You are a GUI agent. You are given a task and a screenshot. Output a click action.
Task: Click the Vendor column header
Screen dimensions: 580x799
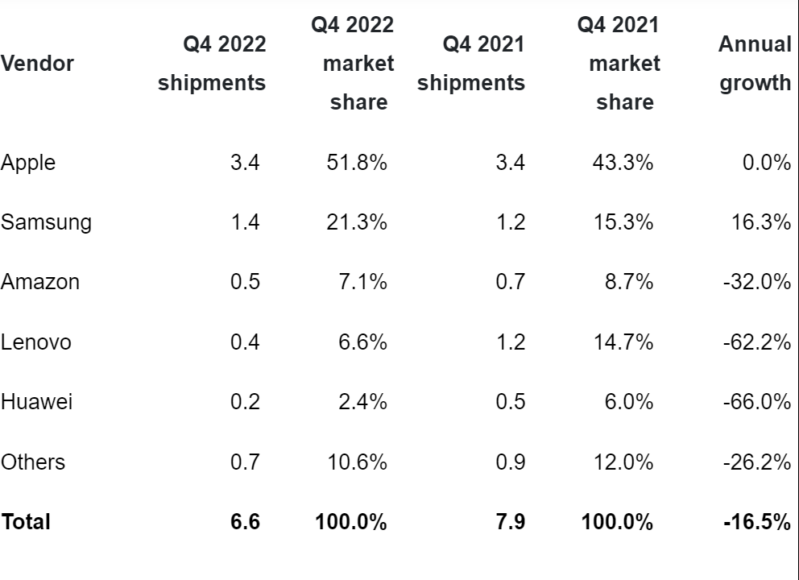pos(37,64)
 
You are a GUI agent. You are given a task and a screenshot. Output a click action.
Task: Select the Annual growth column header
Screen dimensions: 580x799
pos(755,64)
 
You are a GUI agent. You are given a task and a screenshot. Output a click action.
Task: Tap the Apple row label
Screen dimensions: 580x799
pos(28,163)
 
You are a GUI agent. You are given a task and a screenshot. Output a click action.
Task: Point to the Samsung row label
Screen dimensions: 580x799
pos(46,222)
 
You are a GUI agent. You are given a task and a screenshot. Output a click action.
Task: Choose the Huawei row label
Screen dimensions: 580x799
pos(36,402)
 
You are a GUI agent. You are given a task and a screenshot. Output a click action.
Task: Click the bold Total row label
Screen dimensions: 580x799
pos(26,522)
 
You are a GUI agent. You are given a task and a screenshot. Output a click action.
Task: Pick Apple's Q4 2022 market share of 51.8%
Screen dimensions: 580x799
pos(358,163)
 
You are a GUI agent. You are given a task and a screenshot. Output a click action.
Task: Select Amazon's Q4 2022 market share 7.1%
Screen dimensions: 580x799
pos(363,282)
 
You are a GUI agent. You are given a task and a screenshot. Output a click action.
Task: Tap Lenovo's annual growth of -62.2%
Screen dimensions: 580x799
pos(757,342)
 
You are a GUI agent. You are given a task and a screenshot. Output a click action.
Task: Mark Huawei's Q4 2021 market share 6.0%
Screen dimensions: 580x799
pos(629,402)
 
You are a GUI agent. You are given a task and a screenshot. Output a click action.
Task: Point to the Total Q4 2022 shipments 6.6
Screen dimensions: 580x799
pos(245,522)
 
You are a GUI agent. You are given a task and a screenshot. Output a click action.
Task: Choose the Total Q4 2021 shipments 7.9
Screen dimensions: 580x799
pos(510,522)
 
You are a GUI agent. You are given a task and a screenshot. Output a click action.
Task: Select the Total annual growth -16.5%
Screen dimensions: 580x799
pos(756,522)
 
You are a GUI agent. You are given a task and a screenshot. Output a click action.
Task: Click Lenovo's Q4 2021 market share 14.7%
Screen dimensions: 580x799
pos(623,342)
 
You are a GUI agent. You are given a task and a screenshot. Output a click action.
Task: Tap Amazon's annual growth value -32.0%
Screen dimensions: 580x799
pos(757,282)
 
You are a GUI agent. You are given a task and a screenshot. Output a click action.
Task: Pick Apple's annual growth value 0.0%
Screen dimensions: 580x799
pos(766,163)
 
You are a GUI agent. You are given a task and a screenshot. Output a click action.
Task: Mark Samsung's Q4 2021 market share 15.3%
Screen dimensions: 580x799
pos(623,222)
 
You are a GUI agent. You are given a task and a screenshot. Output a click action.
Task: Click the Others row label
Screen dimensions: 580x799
pos(33,462)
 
